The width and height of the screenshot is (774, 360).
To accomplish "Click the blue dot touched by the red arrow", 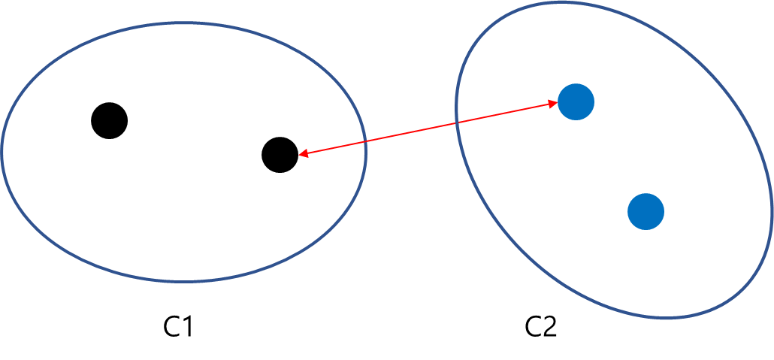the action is [x=576, y=101].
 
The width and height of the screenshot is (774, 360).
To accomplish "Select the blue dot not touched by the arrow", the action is [x=646, y=211].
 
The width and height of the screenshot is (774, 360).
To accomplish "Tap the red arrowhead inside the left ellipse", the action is [x=301, y=154].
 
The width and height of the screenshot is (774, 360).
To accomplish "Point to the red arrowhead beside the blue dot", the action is [x=554, y=105].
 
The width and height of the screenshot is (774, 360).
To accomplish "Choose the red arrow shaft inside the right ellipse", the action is [x=503, y=114].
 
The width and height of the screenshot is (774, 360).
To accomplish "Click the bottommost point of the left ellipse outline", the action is [x=183, y=282].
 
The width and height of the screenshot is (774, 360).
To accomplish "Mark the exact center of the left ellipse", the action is [x=184, y=153].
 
